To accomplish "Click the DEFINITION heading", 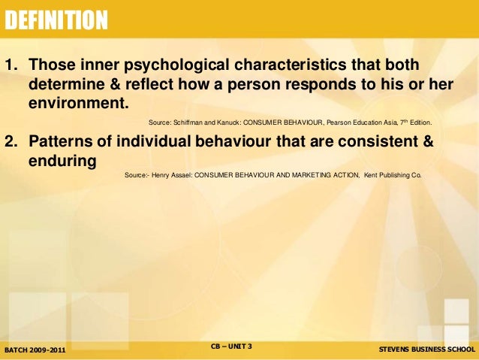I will [56, 21].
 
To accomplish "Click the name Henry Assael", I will [170, 175].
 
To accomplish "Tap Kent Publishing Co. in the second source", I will [393, 175].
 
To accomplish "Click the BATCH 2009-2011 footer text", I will [35, 350].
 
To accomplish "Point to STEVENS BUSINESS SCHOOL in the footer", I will [426, 350].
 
